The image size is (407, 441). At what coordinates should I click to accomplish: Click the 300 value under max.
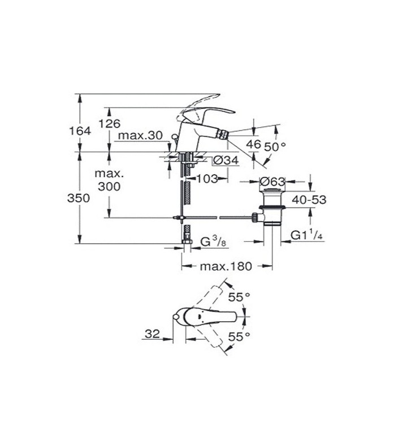pos(109,187)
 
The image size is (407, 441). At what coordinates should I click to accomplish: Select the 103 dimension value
pos(209,179)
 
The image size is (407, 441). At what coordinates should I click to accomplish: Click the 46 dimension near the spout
pos(254,144)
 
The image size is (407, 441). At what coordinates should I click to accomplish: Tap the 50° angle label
pos(276,145)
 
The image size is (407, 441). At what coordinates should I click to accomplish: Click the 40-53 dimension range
pos(309,199)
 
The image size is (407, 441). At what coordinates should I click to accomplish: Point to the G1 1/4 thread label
pos(306,235)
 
